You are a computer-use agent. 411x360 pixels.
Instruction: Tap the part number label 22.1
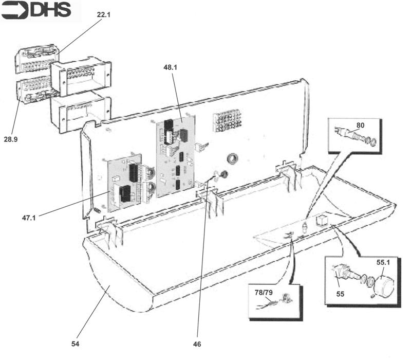pyautogui.click(x=104, y=15)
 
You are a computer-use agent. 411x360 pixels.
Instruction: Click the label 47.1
pyautogui.click(x=30, y=218)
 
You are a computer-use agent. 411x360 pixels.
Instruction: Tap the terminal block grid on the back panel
pyautogui.click(x=227, y=122)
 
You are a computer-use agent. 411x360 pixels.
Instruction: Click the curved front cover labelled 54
pyautogui.click(x=118, y=278)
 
